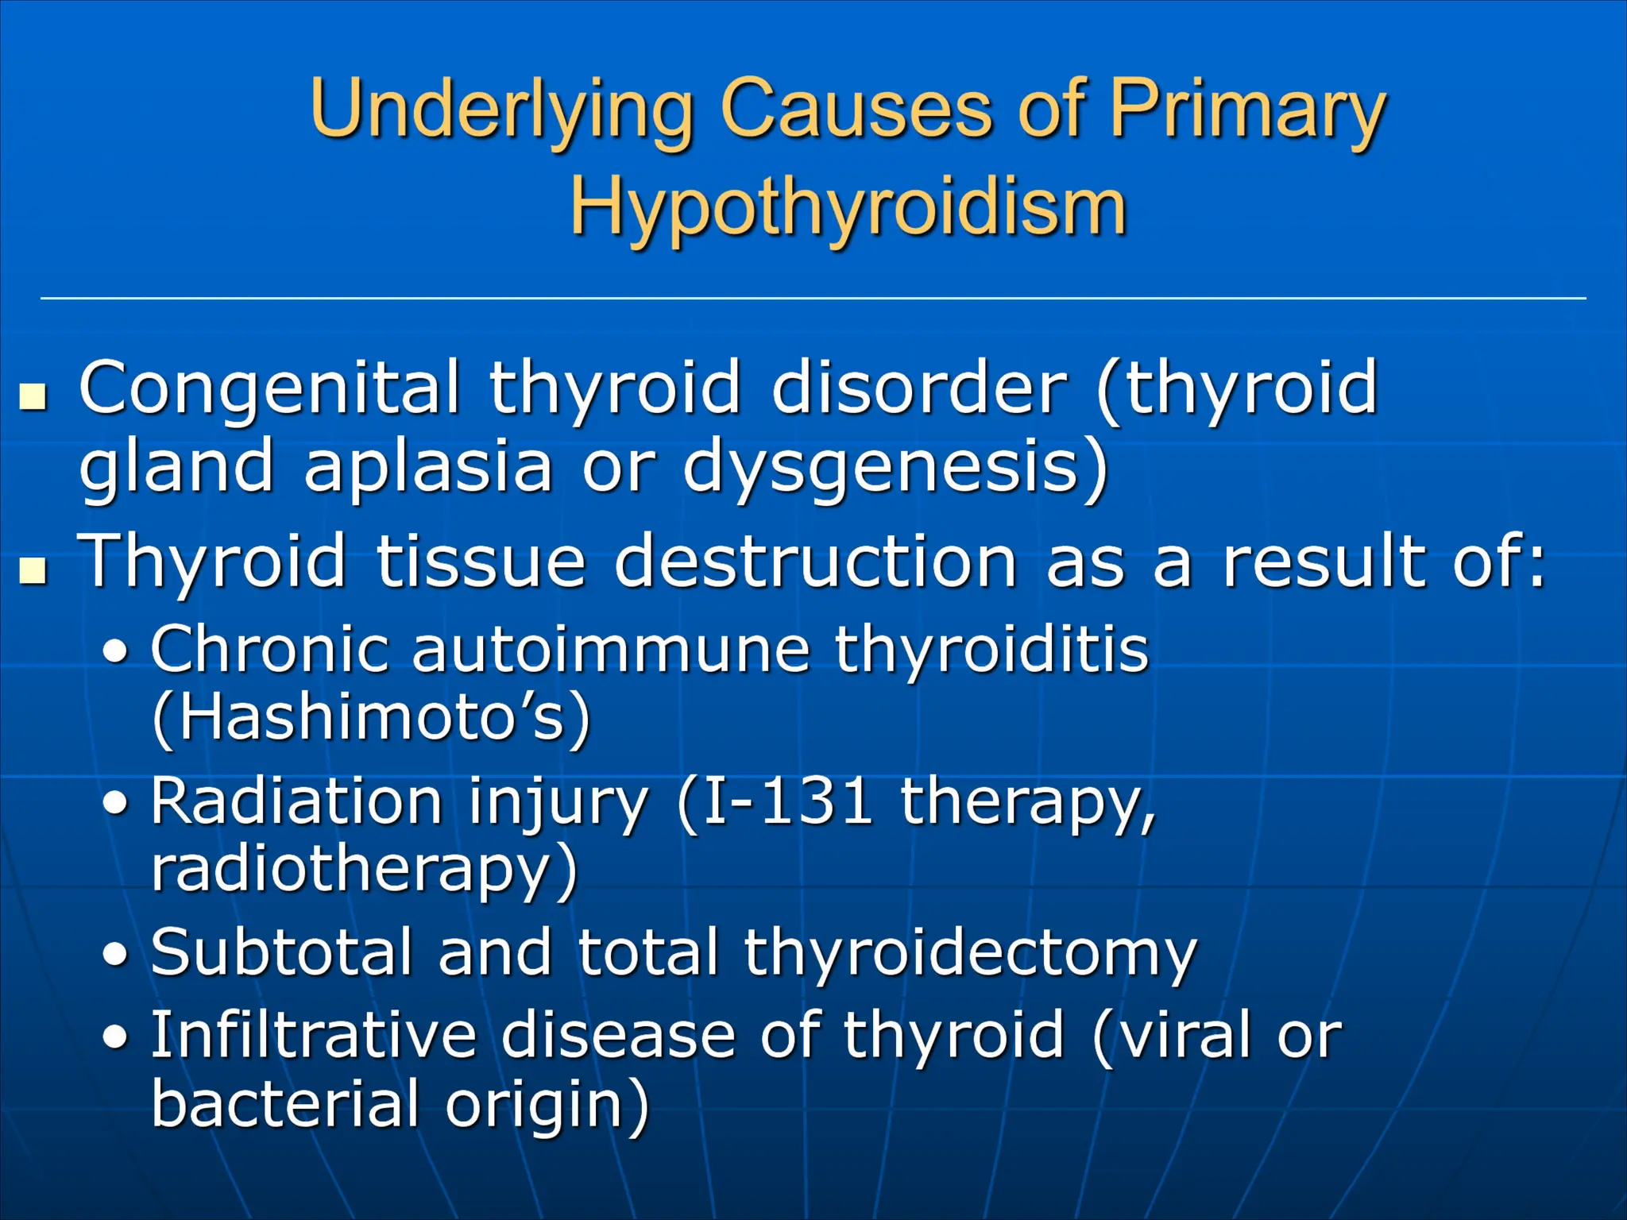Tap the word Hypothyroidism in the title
[x=848, y=208]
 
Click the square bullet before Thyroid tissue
[x=33, y=569]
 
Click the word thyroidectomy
[x=969, y=953]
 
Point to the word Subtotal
[x=281, y=952]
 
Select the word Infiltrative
[x=313, y=1035]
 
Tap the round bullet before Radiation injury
[x=116, y=805]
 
